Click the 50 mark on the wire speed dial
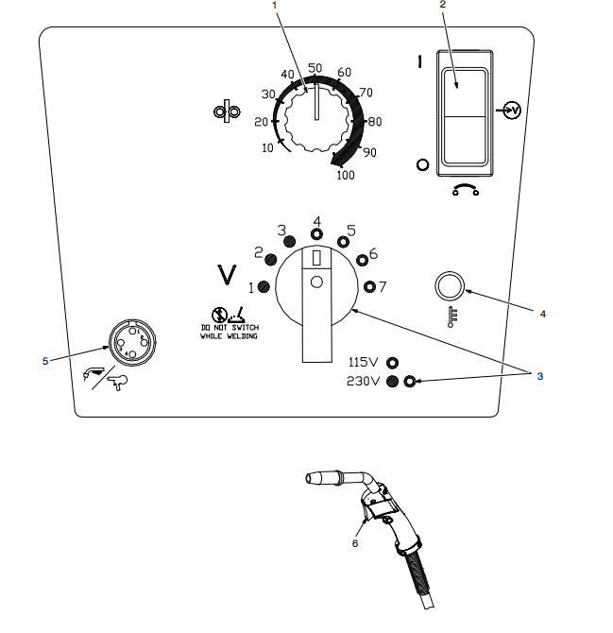tap(315, 68)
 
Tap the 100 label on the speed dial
tap(346, 175)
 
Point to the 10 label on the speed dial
tap(267, 148)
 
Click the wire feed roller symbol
tap(227, 111)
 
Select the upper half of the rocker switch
tap(464, 93)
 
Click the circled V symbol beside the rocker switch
tap(513, 111)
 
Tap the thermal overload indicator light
tap(450, 286)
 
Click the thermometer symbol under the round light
tap(452, 316)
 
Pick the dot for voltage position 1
tap(264, 287)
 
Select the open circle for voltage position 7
tap(369, 286)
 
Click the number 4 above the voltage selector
tap(317, 222)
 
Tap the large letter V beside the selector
tap(227, 275)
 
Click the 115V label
tap(364, 362)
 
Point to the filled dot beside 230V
tap(392, 381)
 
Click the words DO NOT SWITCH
tap(230, 328)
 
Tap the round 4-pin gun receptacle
tap(132, 342)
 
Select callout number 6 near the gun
tap(355, 543)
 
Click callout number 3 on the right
tap(540, 376)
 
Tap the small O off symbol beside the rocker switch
tap(422, 164)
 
